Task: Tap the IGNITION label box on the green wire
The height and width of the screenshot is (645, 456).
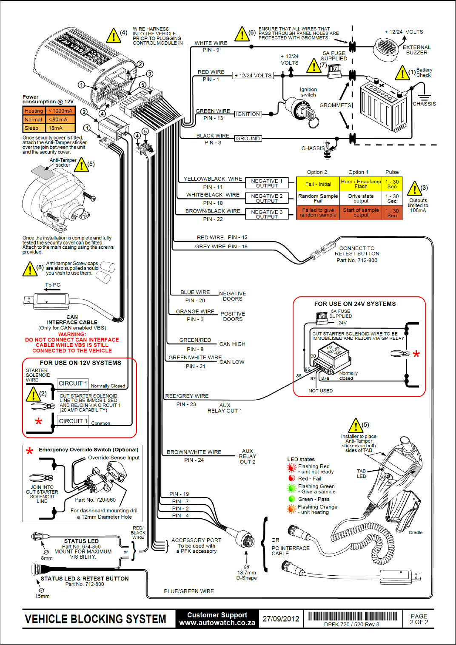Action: (248, 114)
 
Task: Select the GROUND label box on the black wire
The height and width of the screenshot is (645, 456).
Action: (248, 139)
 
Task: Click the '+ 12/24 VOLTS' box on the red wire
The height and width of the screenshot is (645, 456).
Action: (253, 75)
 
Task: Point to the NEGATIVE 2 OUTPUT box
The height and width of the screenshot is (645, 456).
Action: (267, 198)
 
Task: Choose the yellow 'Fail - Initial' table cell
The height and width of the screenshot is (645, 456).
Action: (318, 184)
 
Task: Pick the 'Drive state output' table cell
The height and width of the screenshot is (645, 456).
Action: (361, 198)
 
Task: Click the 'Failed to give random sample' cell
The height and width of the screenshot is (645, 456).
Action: (318, 213)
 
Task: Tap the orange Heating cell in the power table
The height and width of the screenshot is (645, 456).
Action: (34, 111)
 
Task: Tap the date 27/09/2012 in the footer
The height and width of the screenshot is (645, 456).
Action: (281, 619)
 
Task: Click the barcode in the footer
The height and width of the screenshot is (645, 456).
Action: (353, 617)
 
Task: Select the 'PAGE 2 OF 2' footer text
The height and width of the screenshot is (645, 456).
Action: (419, 619)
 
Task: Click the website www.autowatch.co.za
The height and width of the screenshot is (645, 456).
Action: (217, 622)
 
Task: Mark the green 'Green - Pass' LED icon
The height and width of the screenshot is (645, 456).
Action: (291, 499)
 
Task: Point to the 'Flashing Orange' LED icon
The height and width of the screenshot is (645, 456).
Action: (291, 509)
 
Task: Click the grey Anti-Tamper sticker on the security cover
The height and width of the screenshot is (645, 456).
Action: (43, 171)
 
